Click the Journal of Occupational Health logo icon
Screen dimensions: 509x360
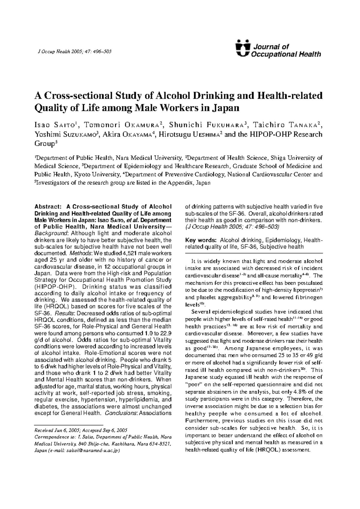(x=243, y=48)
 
